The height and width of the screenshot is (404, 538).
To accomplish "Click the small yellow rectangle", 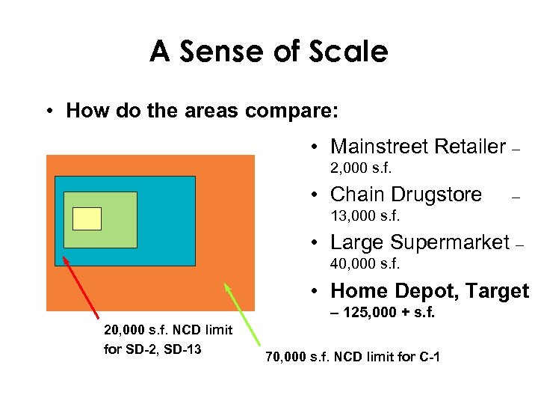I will [x=87, y=218].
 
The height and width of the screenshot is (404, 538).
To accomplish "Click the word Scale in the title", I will [x=348, y=52].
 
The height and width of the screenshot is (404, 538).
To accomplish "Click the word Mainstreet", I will [x=380, y=147].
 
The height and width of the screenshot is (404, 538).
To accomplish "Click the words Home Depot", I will [x=389, y=290].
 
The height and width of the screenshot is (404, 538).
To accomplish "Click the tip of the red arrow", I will [x=64, y=257].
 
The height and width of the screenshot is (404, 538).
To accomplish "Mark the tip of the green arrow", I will [x=226, y=284].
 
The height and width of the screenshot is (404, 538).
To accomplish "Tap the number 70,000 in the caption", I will [x=285, y=358].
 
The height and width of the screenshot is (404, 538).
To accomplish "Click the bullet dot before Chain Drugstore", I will [x=317, y=195].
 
